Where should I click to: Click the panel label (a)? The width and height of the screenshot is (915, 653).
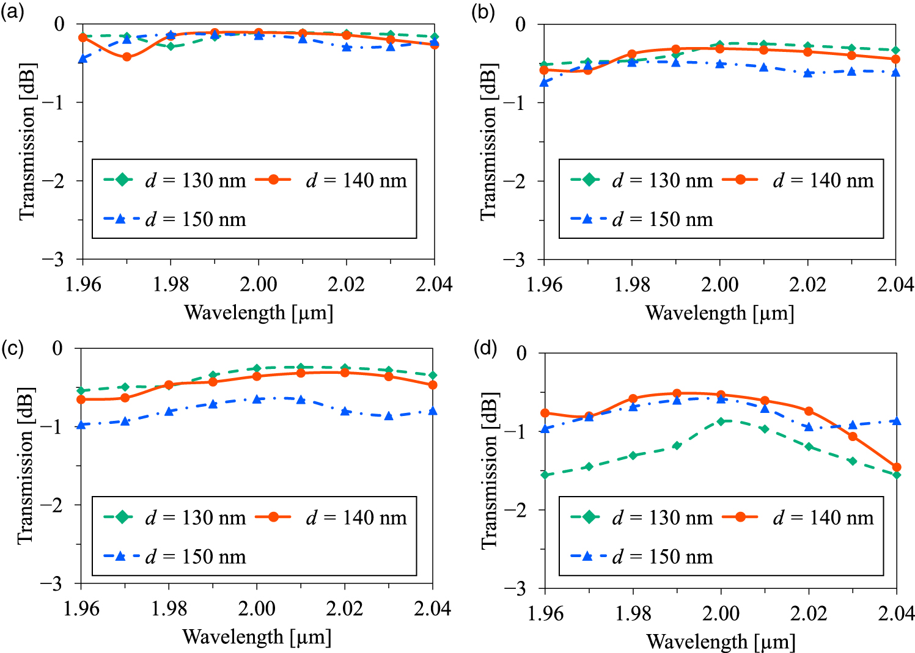click(13, 12)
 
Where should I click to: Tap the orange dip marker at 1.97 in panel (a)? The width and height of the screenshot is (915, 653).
click(127, 57)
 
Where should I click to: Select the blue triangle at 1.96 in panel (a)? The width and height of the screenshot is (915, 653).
click(83, 59)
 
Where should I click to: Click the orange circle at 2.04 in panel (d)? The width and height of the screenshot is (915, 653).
click(897, 467)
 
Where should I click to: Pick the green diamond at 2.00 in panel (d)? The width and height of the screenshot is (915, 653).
click(721, 421)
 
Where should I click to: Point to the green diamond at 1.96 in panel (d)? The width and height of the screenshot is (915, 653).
click(545, 475)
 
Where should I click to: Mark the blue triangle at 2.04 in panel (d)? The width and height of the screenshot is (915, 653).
click(897, 421)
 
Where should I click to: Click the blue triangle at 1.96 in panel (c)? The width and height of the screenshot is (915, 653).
click(81, 424)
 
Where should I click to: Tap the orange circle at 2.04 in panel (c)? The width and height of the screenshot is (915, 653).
click(433, 385)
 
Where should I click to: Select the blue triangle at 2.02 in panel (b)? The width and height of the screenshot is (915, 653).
click(808, 73)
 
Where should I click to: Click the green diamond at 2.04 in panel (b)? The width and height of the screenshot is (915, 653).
click(895, 50)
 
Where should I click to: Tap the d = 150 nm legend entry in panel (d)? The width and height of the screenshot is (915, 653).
click(642, 556)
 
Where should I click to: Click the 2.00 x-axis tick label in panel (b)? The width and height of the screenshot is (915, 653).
click(719, 285)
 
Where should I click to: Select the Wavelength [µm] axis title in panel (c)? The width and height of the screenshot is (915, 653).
click(257, 637)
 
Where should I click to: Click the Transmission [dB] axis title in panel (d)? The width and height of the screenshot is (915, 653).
click(490, 470)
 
